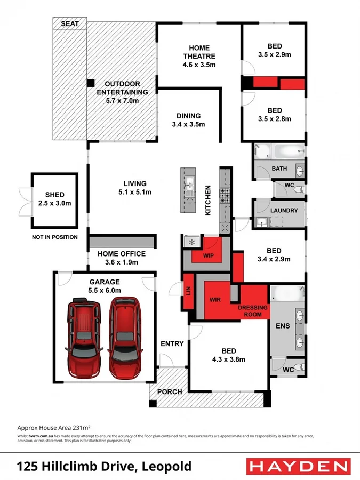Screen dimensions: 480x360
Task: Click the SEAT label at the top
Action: (x=70, y=24)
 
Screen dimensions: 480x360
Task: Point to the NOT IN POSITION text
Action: (x=54, y=237)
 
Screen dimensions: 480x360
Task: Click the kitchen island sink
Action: (x=189, y=186)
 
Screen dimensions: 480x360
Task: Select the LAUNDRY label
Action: (x=284, y=210)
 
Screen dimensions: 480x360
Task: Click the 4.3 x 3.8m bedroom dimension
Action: (x=229, y=359)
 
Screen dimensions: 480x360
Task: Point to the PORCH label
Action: (x=169, y=391)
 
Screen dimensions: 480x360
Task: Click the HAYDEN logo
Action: (x=297, y=466)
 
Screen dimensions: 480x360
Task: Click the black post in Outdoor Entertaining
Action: (x=91, y=83)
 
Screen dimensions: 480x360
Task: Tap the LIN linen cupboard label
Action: (x=188, y=291)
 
